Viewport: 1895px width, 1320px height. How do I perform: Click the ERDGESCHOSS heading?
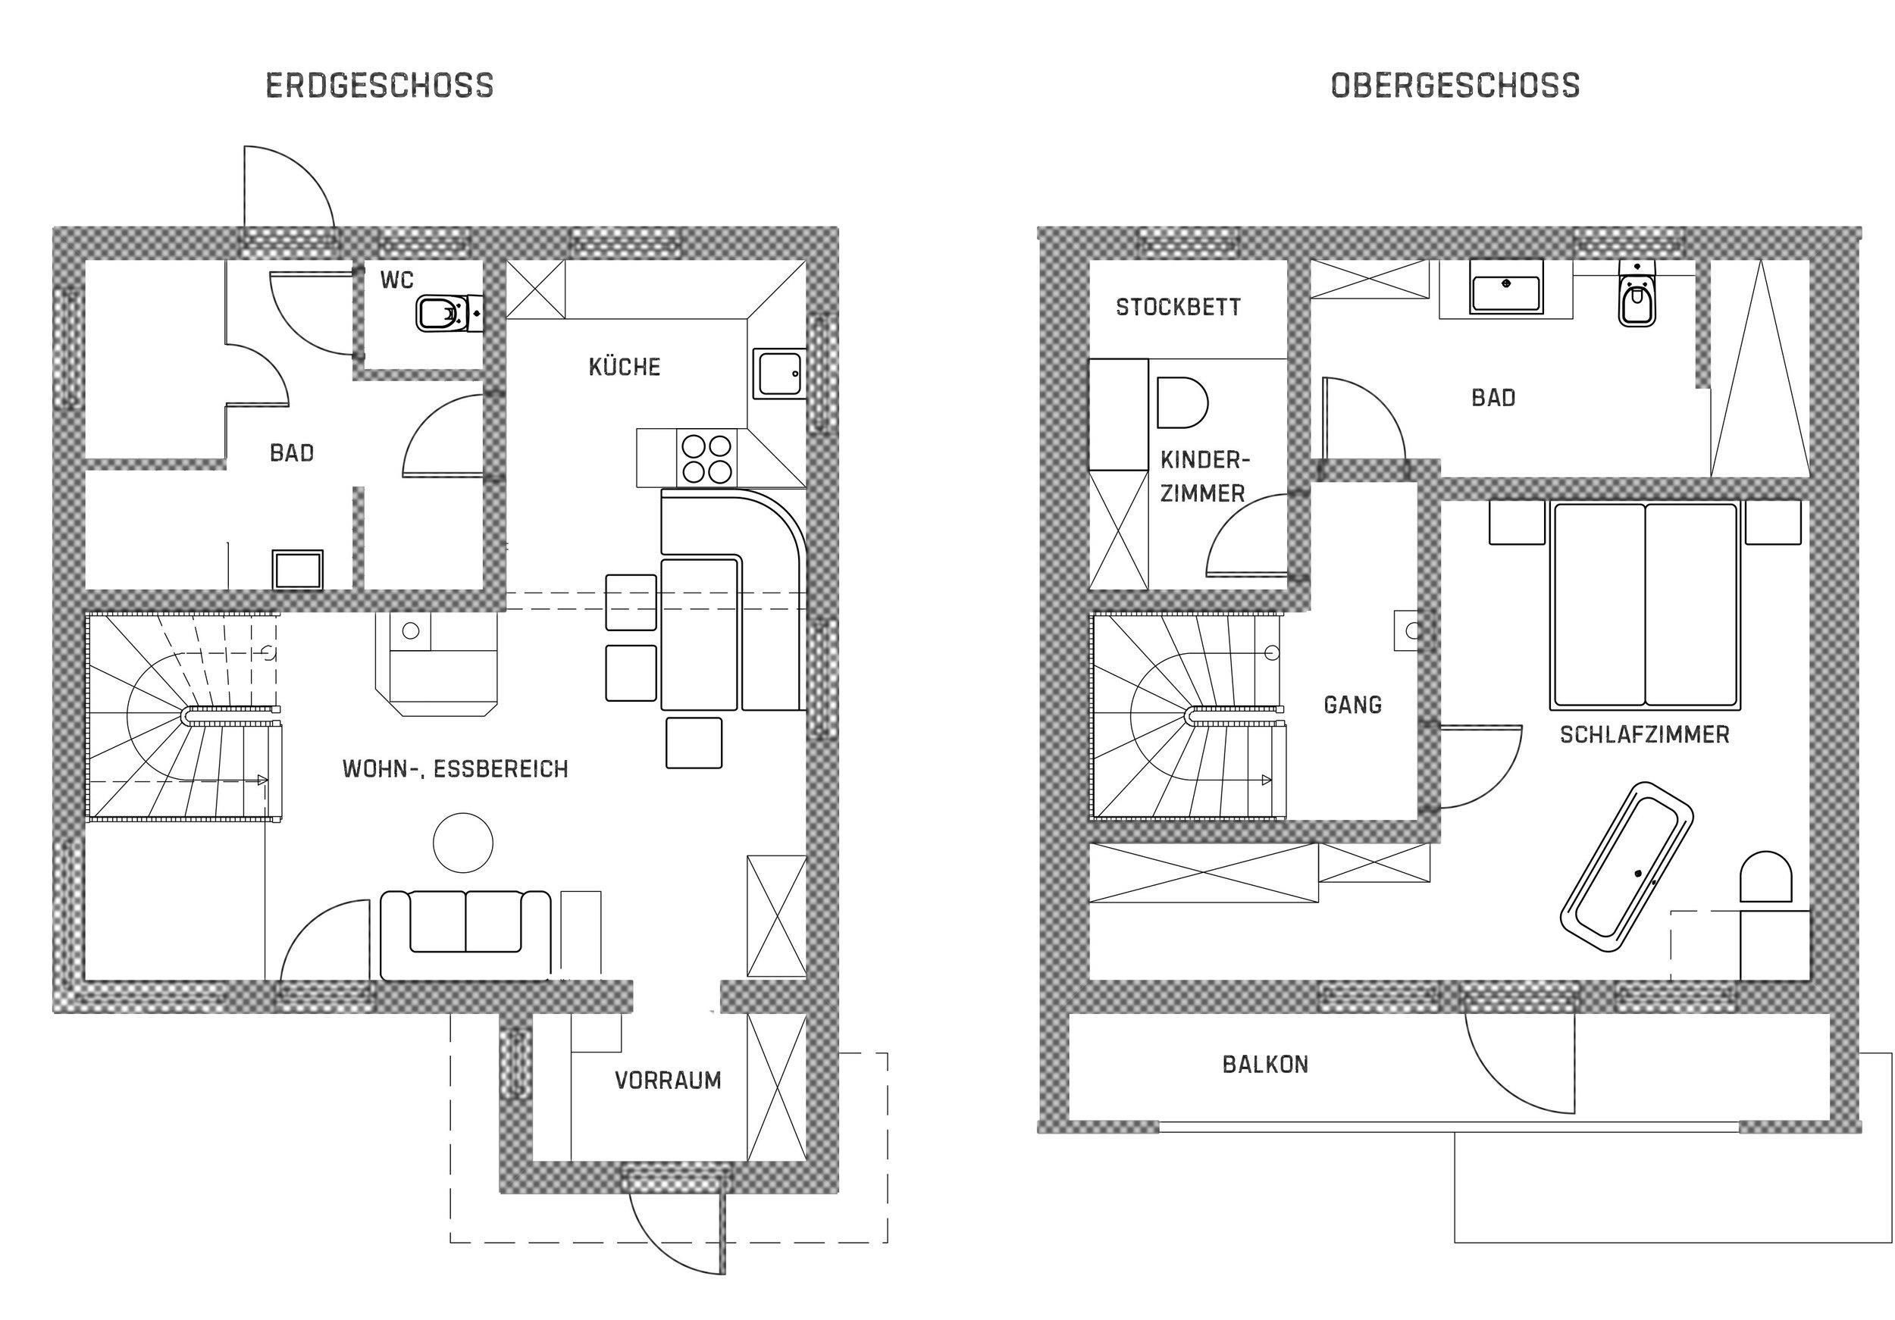380,86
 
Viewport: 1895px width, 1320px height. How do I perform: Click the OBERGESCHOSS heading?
1455,86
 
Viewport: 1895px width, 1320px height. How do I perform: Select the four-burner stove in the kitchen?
707,458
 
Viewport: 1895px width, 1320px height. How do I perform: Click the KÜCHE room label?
625,366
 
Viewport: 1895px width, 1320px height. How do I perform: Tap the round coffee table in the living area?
463,843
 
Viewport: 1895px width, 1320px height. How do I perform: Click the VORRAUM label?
668,1080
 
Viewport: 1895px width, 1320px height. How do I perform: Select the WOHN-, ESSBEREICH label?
456,769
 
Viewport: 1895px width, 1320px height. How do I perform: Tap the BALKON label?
1265,1064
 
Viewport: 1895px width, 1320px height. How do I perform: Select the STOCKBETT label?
1178,307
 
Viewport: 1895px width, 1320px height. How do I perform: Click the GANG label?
1353,705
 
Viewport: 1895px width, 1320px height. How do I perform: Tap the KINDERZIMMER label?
1205,476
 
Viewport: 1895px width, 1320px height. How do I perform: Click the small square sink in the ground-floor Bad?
298,569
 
